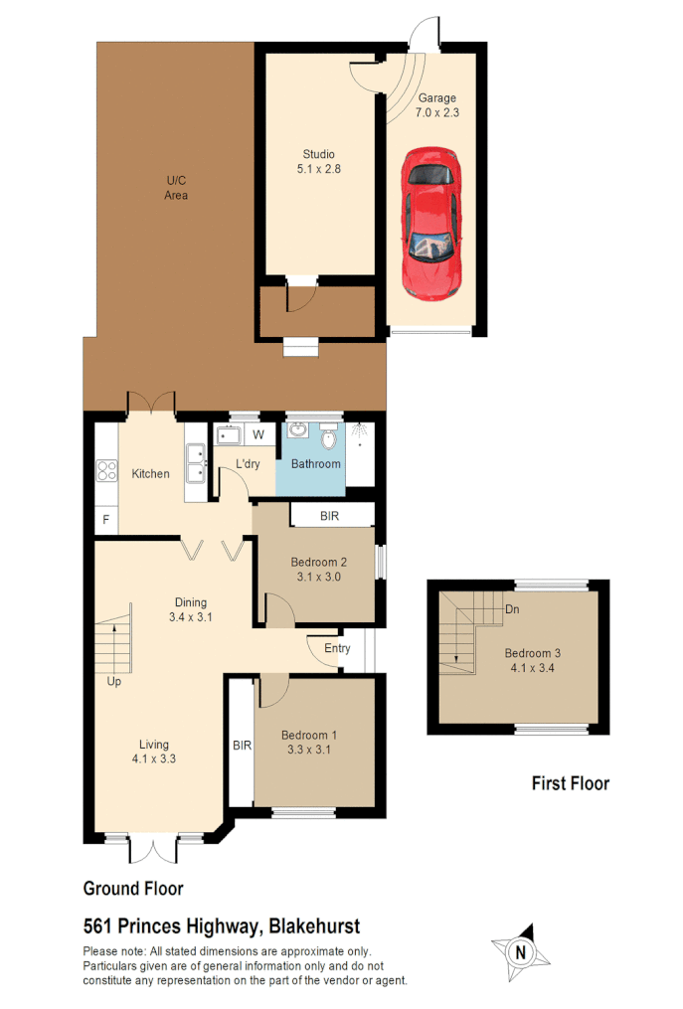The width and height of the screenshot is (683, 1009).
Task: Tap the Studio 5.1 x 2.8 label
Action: coord(319,162)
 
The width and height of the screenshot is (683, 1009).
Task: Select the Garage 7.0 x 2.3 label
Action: coord(436,105)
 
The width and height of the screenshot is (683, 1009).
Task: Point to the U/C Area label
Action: coord(176,188)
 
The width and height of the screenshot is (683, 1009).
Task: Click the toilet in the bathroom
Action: coord(329,437)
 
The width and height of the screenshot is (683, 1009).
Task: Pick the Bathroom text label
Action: coord(315,464)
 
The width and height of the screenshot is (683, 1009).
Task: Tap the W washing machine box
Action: coord(257,434)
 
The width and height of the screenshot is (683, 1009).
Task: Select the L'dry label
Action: coord(249,464)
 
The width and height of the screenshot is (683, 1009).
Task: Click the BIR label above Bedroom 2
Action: coord(330,516)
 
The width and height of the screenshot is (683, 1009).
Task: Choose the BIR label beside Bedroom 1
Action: coord(241,745)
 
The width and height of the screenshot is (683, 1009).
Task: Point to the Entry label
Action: coord(337,649)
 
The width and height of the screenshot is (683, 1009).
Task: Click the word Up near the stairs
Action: coord(115,683)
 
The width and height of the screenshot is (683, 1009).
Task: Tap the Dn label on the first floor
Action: coord(512,609)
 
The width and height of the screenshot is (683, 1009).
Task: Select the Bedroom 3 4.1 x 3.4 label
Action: coord(532,660)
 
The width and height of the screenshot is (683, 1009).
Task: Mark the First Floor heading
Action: coord(570,783)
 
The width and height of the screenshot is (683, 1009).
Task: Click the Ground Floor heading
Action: coord(132,889)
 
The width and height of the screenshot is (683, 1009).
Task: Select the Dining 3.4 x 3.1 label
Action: coord(191,609)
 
